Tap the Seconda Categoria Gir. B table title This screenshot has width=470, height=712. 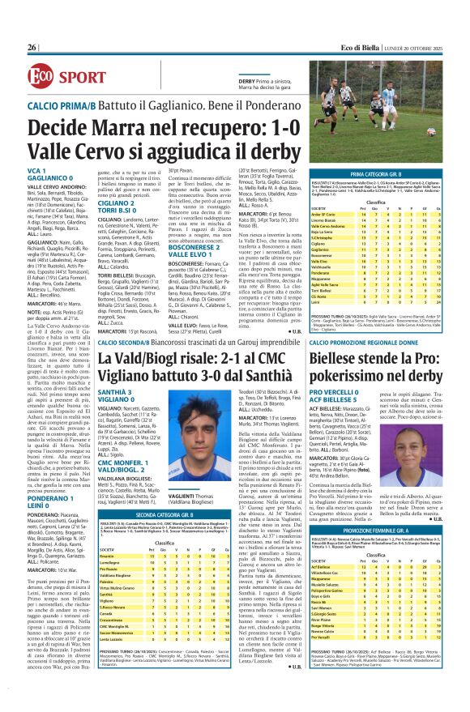point(165,536)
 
